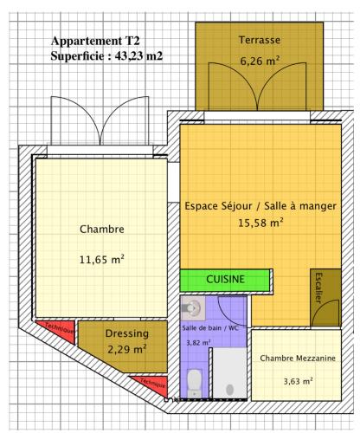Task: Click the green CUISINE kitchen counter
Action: (225, 280)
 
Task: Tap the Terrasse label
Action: (260, 40)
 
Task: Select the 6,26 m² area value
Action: (260, 61)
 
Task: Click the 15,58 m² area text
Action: (260, 223)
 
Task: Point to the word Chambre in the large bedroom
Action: (102, 229)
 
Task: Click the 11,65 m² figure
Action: (102, 260)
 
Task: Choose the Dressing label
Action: (127, 333)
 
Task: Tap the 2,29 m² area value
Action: (127, 349)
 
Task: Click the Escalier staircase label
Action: (318, 288)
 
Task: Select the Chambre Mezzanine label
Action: (298, 359)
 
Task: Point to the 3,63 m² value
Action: (298, 381)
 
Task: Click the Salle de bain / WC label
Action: (210, 328)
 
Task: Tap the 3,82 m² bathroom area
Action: (198, 343)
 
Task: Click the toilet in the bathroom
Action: (194, 383)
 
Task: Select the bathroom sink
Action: (192, 307)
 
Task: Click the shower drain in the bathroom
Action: (229, 390)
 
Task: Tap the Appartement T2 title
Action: (95, 41)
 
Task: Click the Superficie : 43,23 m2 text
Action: (106, 55)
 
